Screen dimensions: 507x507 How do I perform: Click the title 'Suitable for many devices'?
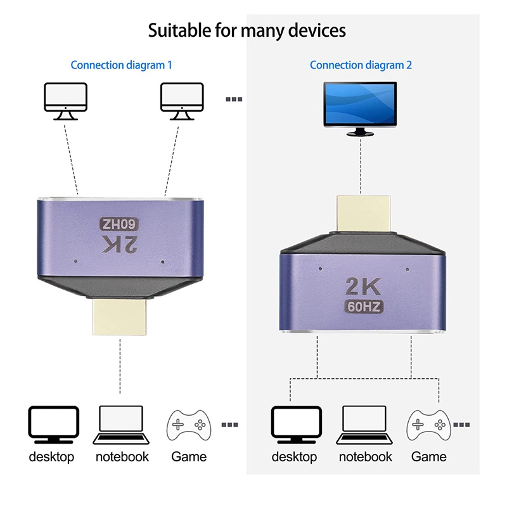[x=247, y=30]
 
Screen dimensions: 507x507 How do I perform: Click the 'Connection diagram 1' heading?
[x=121, y=65]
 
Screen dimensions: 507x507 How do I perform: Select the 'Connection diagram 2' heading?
[x=360, y=65]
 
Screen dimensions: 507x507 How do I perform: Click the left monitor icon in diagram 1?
[x=65, y=100]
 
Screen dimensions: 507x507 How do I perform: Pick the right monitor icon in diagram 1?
[x=183, y=100]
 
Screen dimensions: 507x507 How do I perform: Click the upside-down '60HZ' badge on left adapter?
[x=120, y=224]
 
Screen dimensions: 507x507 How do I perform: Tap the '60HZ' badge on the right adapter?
[x=363, y=307]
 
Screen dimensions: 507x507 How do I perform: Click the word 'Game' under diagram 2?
[x=429, y=456]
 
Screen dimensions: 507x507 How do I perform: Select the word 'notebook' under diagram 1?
[x=122, y=456]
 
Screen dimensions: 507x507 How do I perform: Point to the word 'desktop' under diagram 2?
[x=295, y=456]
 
